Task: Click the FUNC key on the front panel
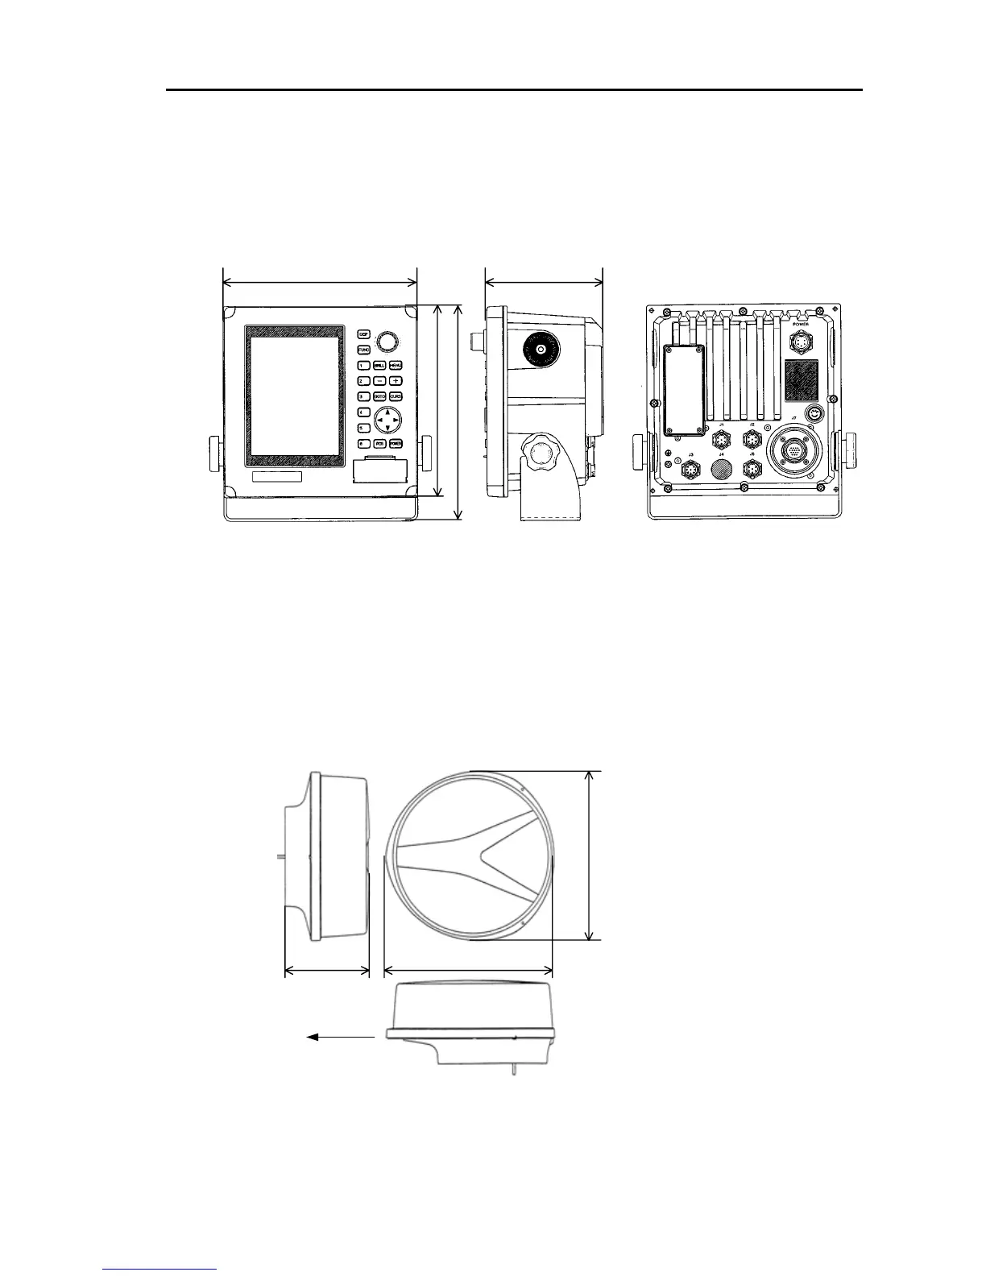tap(363, 350)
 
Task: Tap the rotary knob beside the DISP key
tap(388, 341)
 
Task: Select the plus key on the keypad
tap(396, 381)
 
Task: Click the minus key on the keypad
tap(379, 381)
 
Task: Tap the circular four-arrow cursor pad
tap(387, 421)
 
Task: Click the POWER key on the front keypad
tap(396, 444)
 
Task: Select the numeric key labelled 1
tap(363, 366)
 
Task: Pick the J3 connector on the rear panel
tap(690, 470)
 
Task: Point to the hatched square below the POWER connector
tap(802, 380)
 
